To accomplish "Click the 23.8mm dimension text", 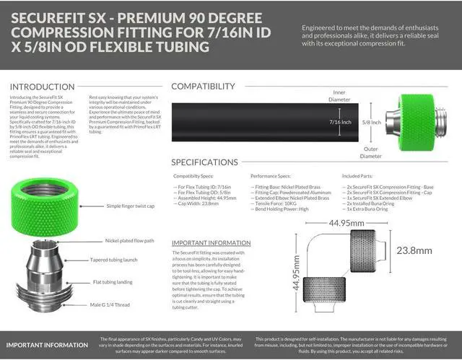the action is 430,251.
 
